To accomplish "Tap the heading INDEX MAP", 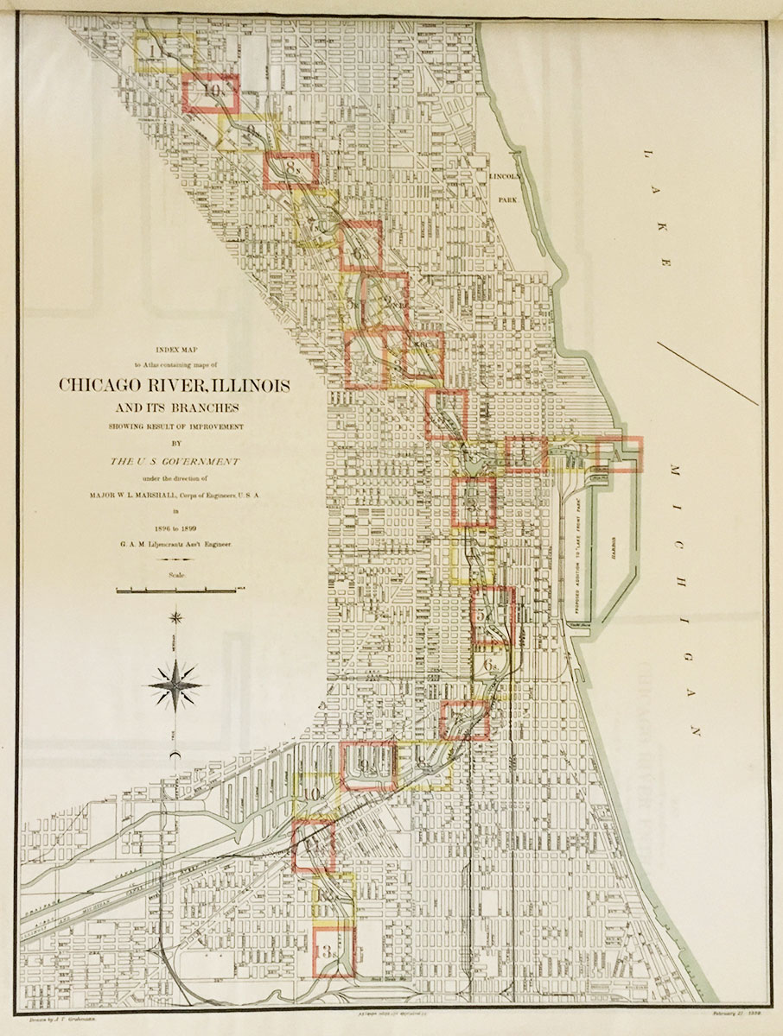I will point(175,351).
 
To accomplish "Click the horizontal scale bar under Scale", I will point(175,591).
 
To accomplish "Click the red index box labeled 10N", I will point(210,92).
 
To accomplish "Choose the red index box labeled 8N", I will point(291,170).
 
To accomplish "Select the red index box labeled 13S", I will point(333,952).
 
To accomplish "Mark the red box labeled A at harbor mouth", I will point(620,454).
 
